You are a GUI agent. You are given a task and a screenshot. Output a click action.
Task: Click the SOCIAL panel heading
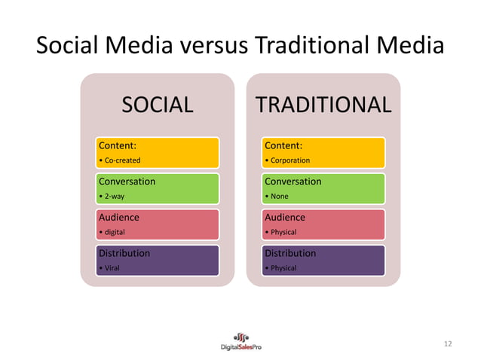pyautogui.click(x=158, y=105)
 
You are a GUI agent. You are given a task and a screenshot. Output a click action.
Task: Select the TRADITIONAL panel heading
pyautogui.click(x=323, y=105)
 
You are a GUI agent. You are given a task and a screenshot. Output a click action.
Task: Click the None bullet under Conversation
pyautogui.click(x=278, y=197)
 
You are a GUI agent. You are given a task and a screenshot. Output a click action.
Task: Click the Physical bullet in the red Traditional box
pyautogui.click(x=282, y=232)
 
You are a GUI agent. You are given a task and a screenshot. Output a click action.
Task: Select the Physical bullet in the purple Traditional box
pyautogui.click(x=282, y=268)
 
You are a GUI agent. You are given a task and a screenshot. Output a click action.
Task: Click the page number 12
pyautogui.click(x=448, y=344)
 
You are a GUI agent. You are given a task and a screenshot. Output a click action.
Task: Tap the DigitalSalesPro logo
pyautogui.click(x=240, y=340)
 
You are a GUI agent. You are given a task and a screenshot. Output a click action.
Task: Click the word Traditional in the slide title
pyautogui.click(x=317, y=47)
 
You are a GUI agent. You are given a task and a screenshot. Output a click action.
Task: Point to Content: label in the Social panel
pyautogui.click(x=118, y=145)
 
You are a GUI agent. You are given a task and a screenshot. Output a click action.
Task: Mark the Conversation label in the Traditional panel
pyautogui.click(x=293, y=182)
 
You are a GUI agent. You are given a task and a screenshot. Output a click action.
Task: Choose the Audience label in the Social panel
pyautogui.click(x=119, y=217)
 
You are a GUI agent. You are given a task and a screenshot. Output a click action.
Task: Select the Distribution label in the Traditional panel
pyautogui.click(x=290, y=253)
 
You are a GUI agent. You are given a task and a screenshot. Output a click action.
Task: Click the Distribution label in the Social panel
pyautogui.click(x=124, y=253)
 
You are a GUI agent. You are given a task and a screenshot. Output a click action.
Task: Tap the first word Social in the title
pyautogui.click(x=70, y=47)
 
